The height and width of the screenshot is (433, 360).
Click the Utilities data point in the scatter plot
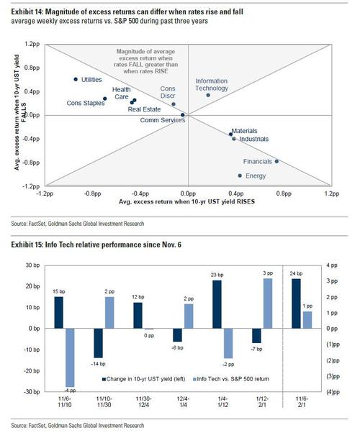(76, 79)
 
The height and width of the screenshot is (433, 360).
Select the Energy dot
(240, 176)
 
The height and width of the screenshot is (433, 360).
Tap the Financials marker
(276, 161)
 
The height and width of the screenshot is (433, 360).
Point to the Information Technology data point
(208, 95)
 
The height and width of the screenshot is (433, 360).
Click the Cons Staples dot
(105, 99)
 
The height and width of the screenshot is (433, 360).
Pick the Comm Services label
(163, 120)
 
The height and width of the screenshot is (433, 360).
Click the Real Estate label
(144, 109)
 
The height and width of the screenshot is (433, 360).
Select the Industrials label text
(254, 139)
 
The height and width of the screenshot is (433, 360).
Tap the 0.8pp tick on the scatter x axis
(284, 193)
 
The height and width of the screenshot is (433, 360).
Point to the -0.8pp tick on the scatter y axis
(31, 163)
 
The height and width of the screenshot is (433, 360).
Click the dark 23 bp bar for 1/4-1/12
(217, 304)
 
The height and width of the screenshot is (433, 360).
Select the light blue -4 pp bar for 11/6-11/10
(70, 357)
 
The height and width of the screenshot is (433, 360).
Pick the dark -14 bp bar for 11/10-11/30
(99, 343)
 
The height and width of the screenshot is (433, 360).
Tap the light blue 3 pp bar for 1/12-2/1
(268, 304)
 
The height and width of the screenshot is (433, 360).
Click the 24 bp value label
(296, 273)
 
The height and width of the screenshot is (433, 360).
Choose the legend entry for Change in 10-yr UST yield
(143, 379)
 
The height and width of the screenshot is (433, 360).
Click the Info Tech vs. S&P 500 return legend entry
(231, 379)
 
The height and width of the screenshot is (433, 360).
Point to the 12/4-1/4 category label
(183, 402)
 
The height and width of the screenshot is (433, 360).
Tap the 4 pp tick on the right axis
(332, 265)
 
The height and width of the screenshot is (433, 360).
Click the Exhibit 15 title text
(96, 245)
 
